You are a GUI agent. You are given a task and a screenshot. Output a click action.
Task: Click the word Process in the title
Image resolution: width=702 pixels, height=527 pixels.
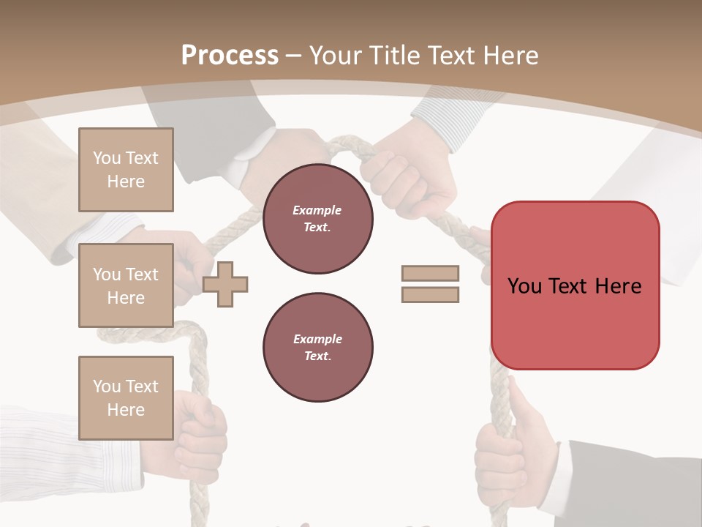pos(230,56)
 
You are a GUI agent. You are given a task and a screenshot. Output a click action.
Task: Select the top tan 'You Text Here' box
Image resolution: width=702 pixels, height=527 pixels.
pos(126,170)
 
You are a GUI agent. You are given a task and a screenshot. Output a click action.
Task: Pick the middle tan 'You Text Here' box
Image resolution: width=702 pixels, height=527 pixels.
pos(126,285)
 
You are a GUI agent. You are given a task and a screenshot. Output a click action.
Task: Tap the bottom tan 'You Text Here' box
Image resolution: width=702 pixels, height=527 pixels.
pos(126,397)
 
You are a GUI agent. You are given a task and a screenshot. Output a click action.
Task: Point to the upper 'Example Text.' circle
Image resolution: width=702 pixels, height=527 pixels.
pos(317,218)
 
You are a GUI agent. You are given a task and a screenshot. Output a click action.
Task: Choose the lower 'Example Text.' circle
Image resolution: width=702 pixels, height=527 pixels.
pos(317,347)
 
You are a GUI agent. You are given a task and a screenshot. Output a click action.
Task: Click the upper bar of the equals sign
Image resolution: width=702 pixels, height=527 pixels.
pos(430,273)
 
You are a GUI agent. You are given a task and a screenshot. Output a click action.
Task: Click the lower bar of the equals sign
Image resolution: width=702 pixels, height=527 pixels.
pos(430,294)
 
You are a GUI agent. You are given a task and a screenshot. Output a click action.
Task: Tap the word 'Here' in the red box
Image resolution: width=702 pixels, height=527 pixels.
pos(618,285)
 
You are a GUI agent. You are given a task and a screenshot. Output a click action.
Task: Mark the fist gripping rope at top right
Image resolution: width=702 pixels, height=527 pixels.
pos(409,172)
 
